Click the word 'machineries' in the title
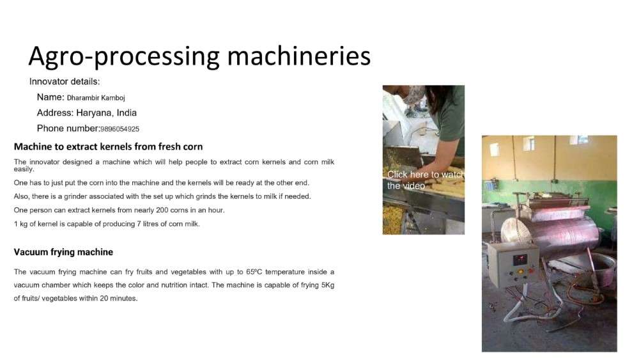coord(298,56)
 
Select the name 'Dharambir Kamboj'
coord(96,98)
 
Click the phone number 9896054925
coord(120,129)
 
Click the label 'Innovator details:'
coord(65,82)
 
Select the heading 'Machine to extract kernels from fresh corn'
coord(108,147)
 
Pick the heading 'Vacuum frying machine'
coord(63,252)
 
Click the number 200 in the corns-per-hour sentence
coord(168,210)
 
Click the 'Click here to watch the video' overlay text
coord(425,180)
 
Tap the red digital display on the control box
coord(519,260)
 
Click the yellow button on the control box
coord(520,272)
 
